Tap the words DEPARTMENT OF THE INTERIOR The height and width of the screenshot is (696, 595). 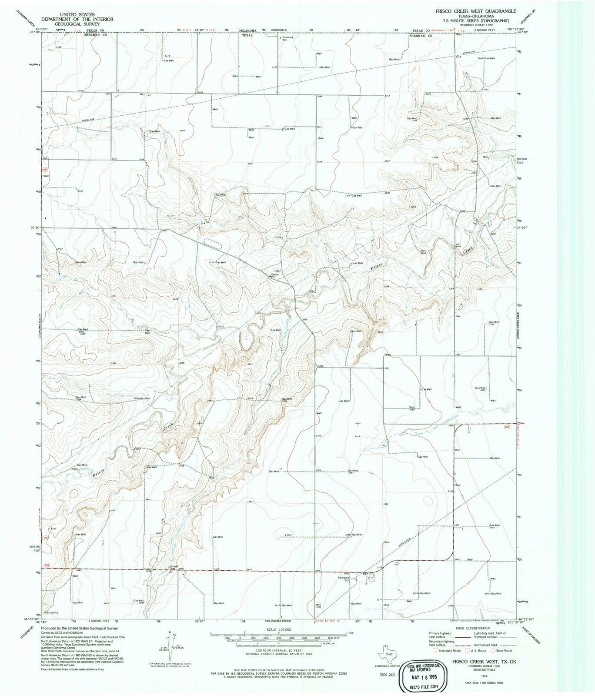(x=77, y=20)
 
